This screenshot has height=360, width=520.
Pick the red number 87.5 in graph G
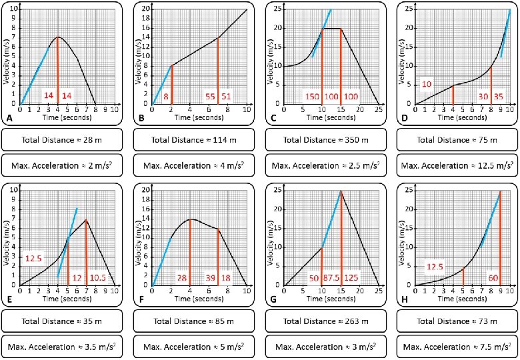coord(331,277)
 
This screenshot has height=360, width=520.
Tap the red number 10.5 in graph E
coord(99,277)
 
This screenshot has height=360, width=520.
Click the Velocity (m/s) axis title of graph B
coord(139,53)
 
